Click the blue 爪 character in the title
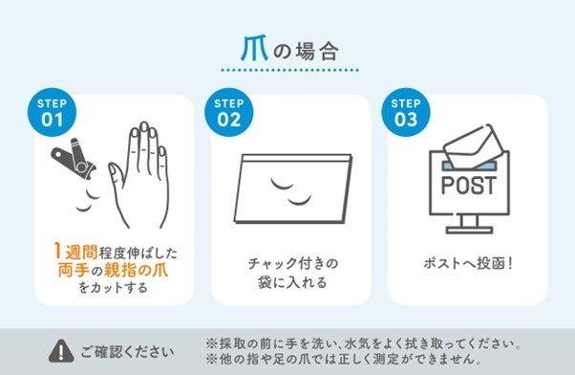(x=254, y=49)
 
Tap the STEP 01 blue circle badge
(x=53, y=112)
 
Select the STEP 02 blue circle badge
(x=229, y=112)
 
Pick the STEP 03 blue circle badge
(x=406, y=112)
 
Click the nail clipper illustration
(x=75, y=159)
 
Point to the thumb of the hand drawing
(x=117, y=176)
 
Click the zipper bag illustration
(x=293, y=188)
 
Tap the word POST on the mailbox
(x=469, y=186)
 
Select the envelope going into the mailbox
(x=473, y=146)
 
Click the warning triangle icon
(x=61, y=351)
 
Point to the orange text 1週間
(x=75, y=252)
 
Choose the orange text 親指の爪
(x=137, y=271)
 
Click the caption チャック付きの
(x=292, y=263)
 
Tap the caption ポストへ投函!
(x=468, y=263)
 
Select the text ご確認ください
(x=127, y=352)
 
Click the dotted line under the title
(x=289, y=70)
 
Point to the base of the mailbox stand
(x=469, y=231)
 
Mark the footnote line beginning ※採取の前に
(x=363, y=344)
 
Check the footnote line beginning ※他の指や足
(x=344, y=359)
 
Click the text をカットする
(x=113, y=287)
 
